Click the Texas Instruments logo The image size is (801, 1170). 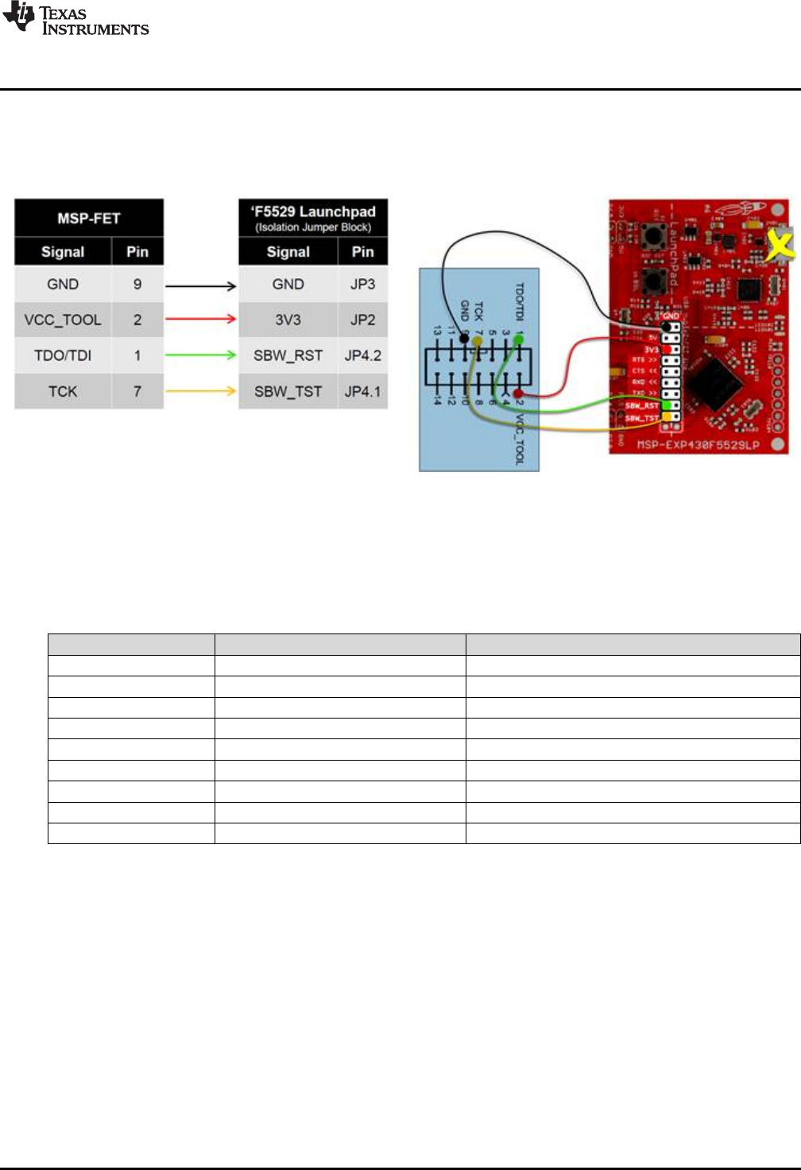[x=75, y=20]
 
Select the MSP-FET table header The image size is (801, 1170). [x=89, y=219]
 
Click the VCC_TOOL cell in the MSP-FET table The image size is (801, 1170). [x=63, y=320]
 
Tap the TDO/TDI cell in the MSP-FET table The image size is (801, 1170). [x=63, y=355]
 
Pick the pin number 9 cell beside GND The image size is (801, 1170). [x=137, y=284]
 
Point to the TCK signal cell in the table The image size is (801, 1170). [x=63, y=391]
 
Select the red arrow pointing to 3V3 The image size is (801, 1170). [x=201, y=320]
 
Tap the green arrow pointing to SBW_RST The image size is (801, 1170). [x=201, y=355]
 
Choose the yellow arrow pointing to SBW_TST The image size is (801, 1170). [x=201, y=391]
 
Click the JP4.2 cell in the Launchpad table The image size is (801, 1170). [x=362, y=355]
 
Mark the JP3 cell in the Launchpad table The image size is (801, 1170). [x=362, y=284]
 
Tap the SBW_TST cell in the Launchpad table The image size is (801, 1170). [x=288, y=391]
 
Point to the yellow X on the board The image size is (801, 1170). [x=780, y=246]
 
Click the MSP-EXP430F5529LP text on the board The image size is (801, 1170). [x=698, y=445]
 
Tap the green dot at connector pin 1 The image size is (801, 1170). [x=519, y=339]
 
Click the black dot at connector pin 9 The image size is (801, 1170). [x=464, y=339]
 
